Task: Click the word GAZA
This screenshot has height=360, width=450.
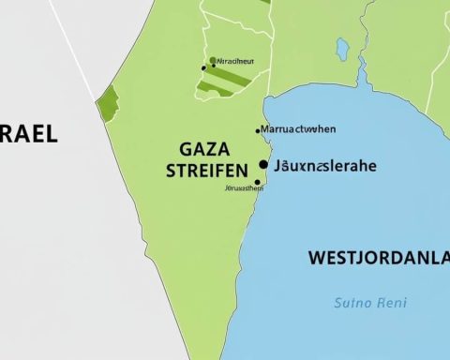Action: coord(204,150)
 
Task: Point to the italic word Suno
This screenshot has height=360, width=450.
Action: coord(352,303)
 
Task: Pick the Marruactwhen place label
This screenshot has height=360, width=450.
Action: coord(299,128)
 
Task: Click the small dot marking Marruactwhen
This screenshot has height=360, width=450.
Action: coord(258,130)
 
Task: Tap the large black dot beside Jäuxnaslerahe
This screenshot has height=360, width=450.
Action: coord(263,165)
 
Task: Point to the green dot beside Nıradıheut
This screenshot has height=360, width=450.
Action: coord(213,60)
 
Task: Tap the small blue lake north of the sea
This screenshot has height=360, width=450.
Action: coord(342,49)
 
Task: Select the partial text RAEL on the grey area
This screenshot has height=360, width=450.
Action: coord(28,133)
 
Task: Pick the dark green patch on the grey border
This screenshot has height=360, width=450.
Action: coord(107,102)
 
